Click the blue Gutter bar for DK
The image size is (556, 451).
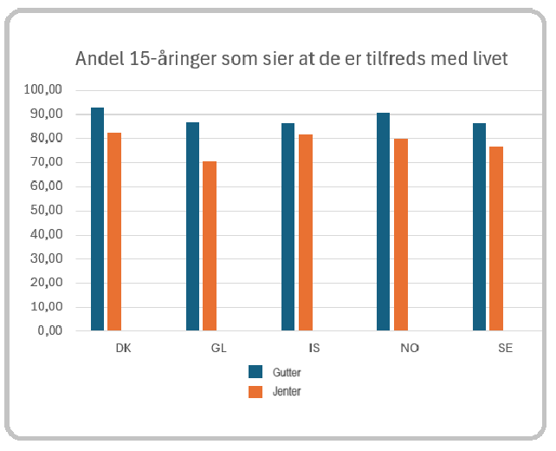(97, 219)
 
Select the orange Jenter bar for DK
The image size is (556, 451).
(114, 232)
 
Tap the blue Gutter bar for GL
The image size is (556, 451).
(192, 226)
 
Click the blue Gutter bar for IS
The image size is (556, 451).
(288, 227)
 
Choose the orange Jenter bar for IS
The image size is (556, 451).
(305, 232)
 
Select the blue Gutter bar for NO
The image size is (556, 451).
(383, 222)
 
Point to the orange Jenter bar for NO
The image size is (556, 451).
(400, 235)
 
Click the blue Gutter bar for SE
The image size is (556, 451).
(479, 227)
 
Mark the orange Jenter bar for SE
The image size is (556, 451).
(495, 239)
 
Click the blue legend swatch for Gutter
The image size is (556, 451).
(255, 372)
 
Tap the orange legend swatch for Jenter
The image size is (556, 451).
(255, 392)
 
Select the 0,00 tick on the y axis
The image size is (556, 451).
(50, 330)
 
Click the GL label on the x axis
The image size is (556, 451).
(217, 348)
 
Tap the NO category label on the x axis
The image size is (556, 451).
(409, 348)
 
